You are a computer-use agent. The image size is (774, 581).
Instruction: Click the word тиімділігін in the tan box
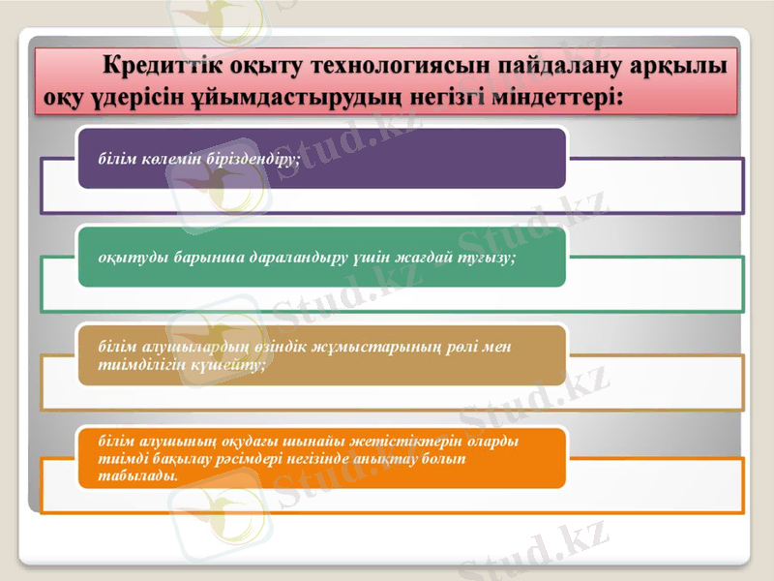(x=134, y=364)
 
